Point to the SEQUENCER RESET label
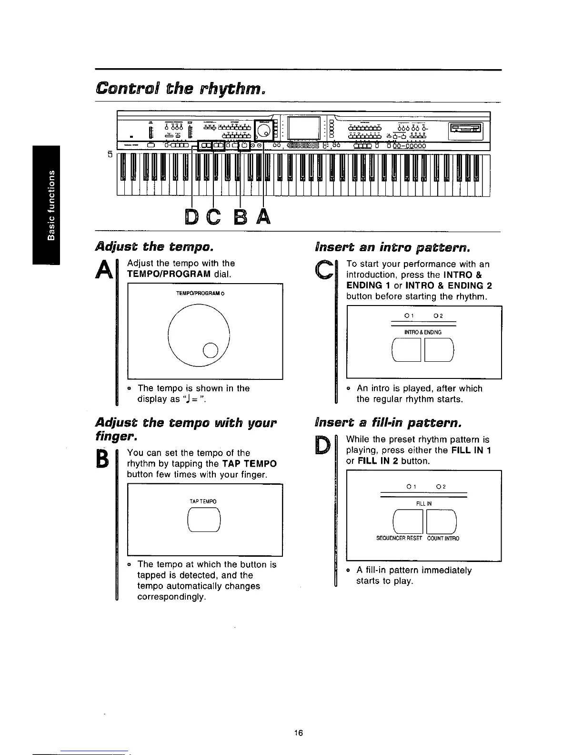pyautogui.click(x=399, y=539)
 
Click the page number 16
pyautogui.click(x=299, y=733)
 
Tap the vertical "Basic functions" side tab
pyautogui.click(x=46, y=205)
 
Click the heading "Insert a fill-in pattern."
pyautogui.click(x=388, y=423)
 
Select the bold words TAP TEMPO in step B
pyautogui.click(x=250, y=464)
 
